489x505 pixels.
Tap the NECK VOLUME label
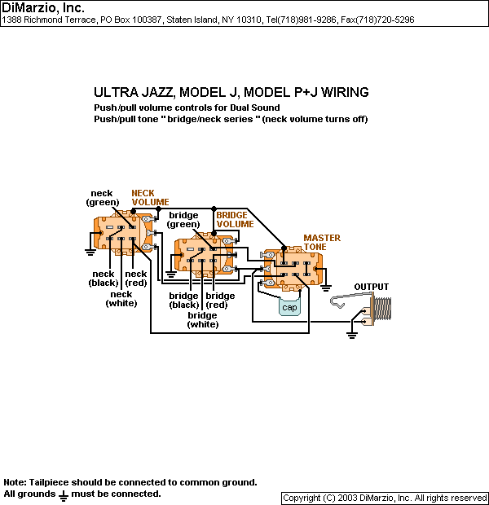pyautogui.click(x=150, y=197)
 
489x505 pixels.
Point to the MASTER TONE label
pyautogui.click(x=322, y=243)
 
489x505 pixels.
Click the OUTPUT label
pyautogui.click(x=371, y=287)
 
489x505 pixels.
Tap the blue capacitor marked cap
pyautogui.click(x=289, y=307)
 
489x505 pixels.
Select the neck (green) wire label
pyautogui.click(x=103, y=198)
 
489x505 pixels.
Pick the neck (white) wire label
pyautogui.click(x=121, y=299)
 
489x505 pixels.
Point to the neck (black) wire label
pyautogui.click(x=104, y=279)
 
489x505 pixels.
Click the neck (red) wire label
pyautogui.click(x=136, y=279)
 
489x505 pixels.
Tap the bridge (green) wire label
pyautogui.click(x=183, y=220)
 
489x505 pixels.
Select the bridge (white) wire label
pyautogui.click(x=202, y=320)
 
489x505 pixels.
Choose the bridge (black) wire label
pyautogui.click(x=184, y=301)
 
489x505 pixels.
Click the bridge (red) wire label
pyautogui.click(x=220, y=301)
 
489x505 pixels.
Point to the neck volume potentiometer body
pyautogui.click(x=122, y=232)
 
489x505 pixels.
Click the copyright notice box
pyautogui.click(x=385, y=498)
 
